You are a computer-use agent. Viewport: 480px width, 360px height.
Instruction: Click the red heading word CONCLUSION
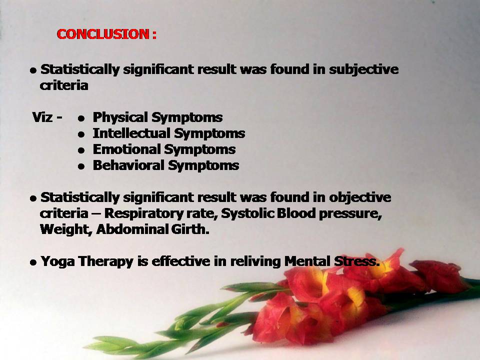[x=103, y=34]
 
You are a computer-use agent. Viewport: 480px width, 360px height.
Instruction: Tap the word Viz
[x=42, y=117]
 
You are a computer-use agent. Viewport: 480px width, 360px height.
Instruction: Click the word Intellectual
[x=131, y=133]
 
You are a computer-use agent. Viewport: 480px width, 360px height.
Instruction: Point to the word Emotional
[x=126, y=149]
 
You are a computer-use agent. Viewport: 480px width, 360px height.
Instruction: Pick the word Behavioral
[x=128, y=165]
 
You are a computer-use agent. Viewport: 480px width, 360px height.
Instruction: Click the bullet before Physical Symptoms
[x=81, y=118]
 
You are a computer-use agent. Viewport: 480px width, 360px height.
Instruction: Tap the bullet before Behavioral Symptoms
[x=81, y=166]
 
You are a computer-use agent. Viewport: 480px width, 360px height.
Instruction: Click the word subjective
[x=364, y=70]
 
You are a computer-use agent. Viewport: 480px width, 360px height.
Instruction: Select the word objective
[x=360, y=198]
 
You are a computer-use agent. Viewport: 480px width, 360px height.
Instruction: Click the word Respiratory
[x=144, y=214]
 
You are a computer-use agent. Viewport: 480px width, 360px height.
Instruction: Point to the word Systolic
[x=247, y=213]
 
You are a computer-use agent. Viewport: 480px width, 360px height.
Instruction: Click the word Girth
[x=190, y=229]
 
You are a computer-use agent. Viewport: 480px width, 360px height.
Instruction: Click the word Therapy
[x=105, y=262]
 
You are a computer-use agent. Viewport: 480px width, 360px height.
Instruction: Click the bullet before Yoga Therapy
[x=33, y=262]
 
